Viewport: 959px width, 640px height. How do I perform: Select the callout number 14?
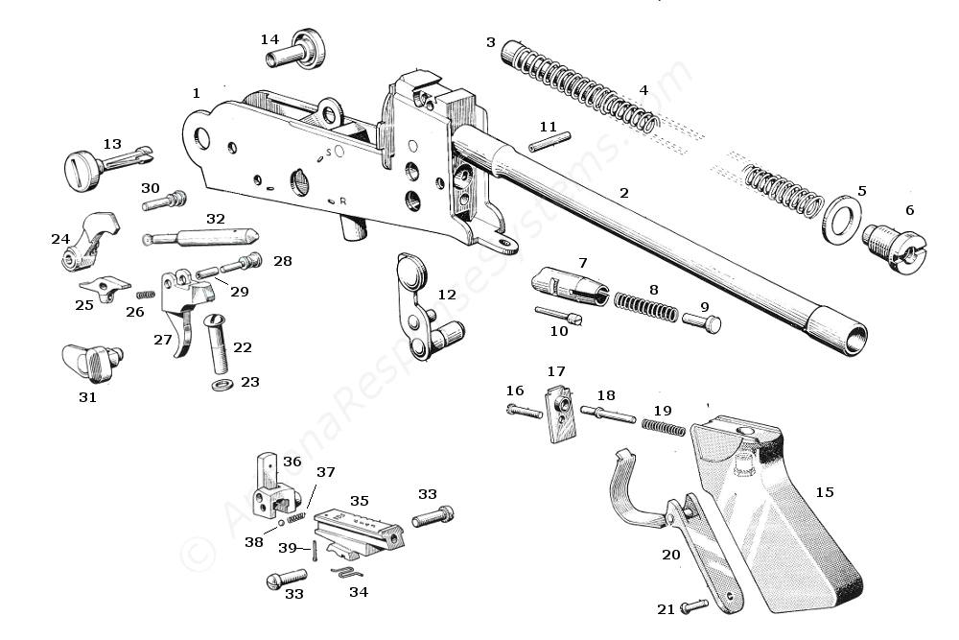click(x=269, y=39)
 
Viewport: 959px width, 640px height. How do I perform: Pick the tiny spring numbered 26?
click(x=146, y=294)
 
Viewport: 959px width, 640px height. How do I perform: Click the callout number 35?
click(x=359, y=500)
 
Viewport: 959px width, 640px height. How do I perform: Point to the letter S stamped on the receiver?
click(x=328, y=152)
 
